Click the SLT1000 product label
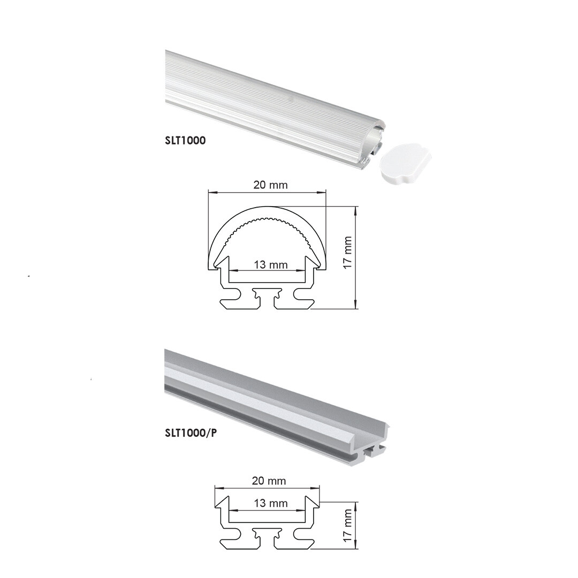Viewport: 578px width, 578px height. [x=185, y=140]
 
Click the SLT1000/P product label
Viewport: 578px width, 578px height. [x=191, y=433]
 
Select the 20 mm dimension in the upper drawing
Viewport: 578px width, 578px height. [x=270, y=185]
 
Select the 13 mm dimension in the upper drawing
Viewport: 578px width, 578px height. [x=271, y=265]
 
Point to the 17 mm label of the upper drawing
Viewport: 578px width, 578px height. [x=348, y=253]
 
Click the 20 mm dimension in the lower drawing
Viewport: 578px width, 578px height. [x=269, y=481]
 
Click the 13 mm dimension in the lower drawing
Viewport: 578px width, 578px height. [x=271, y=503]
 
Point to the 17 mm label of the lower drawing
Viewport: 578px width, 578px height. [x=348, y=526]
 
